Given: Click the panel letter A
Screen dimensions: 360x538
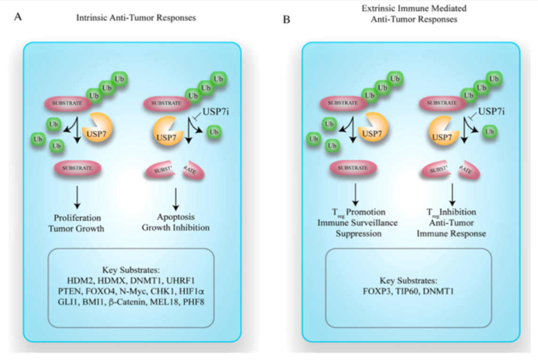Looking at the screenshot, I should click(18, 17).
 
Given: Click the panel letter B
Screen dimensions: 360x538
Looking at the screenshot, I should click(286, 20).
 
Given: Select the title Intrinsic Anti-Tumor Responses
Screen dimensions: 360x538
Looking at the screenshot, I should click(136, 18).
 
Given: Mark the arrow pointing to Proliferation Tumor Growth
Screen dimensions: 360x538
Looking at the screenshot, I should click(76, 197).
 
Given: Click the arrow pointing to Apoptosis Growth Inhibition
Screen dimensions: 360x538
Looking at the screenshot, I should click(176, 197).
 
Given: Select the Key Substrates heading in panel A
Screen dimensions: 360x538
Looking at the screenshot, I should click(131, 271).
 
